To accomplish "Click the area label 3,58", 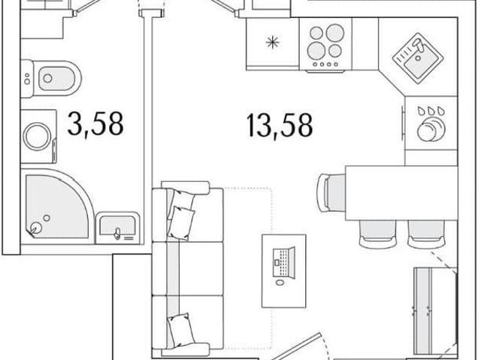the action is click(95, 124).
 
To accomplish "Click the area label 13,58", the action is click(279, 125).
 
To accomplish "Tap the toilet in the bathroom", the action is click(51, 78).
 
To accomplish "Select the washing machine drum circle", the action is click(38, 137).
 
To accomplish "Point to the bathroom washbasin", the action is click(118, 228).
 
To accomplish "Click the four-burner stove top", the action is click(325, 45).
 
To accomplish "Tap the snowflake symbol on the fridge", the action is click(272, 42).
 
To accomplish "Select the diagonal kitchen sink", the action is click(418, 59).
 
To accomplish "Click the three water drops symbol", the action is click(431, 110).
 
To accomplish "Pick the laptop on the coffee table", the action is click(284, 262).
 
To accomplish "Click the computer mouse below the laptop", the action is click(280, 282).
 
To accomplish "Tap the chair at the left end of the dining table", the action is click(332, 192).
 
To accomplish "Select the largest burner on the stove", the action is click(334, 33).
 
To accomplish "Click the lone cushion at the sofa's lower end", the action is click(182, 328).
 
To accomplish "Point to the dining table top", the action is click(401, 193).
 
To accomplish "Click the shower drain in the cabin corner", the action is click(36, 228).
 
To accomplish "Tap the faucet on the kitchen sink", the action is click(419, 46).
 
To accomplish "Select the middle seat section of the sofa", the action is click(188, 268).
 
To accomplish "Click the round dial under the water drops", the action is click(431, 129).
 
